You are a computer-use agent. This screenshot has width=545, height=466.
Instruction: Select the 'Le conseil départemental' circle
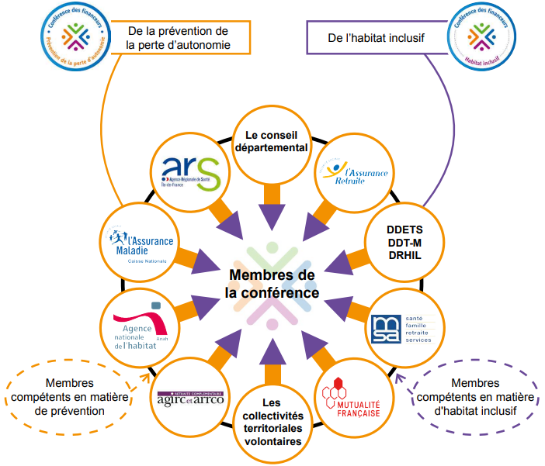coord(272,140)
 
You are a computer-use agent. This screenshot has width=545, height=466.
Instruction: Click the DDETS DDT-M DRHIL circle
coord(404,242)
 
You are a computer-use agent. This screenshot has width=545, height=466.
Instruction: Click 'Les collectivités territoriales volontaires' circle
coord(271,421)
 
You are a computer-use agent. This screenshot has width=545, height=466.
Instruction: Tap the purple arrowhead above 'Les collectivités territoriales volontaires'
coord(271,351)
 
